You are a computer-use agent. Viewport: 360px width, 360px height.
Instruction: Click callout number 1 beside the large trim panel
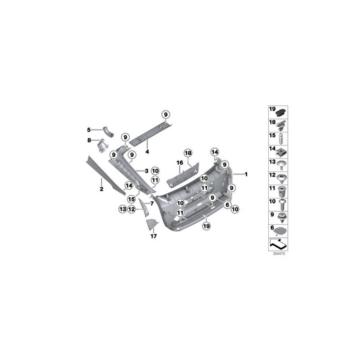point(247,174)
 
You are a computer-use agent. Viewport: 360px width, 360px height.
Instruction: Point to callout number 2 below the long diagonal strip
point(101,190)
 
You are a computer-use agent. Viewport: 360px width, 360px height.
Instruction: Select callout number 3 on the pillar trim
point(145,171)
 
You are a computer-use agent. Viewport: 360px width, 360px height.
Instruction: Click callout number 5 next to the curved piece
point(88,129)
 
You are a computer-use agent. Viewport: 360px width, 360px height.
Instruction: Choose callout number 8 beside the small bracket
point(88,140)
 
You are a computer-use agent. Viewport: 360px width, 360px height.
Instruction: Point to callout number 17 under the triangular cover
point(153,236)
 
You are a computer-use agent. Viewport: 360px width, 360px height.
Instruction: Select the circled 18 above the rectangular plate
point(188,153)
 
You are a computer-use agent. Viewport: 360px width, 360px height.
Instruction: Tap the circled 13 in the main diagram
point(122,209)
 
